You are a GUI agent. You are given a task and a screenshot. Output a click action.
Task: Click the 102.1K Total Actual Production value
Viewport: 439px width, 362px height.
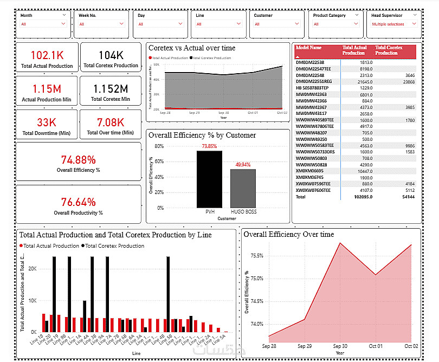(47, 55)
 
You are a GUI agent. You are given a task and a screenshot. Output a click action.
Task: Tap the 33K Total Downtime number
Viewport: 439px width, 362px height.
(47, 122)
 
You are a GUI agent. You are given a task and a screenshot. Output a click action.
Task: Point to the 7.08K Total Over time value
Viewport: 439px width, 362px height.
(111, 122)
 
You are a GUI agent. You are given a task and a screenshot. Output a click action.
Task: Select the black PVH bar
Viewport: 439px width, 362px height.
(209, 179)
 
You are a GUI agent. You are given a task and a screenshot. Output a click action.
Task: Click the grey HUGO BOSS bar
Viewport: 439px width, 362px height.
(243, 188)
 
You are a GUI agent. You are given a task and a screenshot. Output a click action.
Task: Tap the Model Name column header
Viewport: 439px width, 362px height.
(309, 48)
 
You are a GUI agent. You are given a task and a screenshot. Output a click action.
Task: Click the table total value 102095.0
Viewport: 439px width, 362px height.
(363, 197)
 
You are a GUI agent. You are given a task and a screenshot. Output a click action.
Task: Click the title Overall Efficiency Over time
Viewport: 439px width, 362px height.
(289, 235)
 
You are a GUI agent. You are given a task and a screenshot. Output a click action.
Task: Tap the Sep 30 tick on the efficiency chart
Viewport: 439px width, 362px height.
(340, 345)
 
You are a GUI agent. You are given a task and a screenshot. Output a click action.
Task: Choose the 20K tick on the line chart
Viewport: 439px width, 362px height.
(32, 269)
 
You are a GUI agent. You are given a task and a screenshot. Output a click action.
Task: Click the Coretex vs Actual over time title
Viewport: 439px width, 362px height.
(192, 48)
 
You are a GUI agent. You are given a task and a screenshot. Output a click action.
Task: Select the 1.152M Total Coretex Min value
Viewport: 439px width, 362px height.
(111, 89)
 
